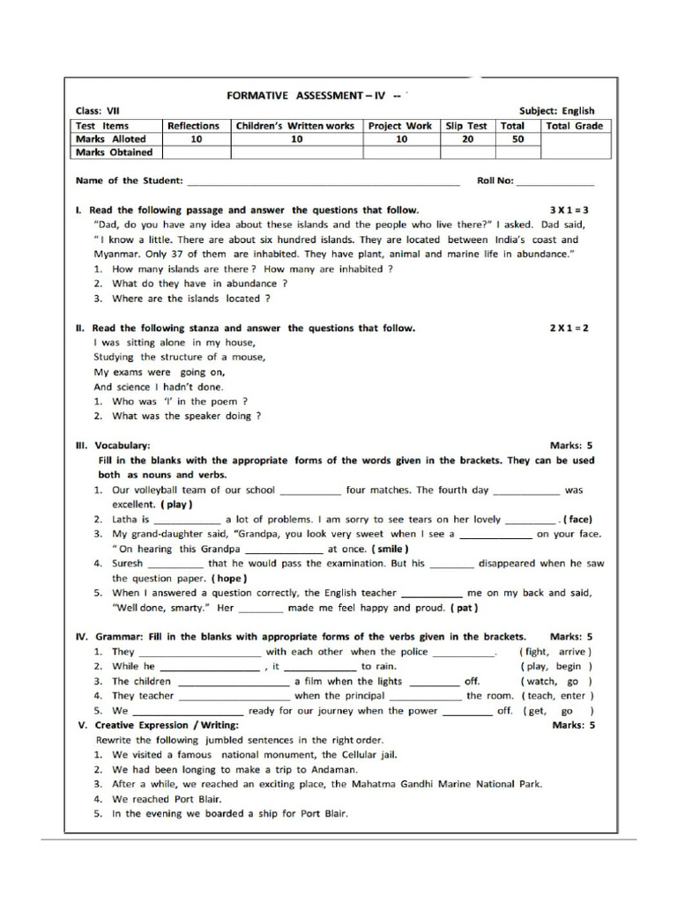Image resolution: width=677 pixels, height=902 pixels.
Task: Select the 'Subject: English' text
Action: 557,111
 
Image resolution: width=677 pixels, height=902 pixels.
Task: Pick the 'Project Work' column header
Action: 400,125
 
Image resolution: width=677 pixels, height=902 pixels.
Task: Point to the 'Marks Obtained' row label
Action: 114,152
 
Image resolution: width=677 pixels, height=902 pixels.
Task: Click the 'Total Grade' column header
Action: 575,125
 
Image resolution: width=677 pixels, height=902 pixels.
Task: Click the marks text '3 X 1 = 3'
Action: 569,211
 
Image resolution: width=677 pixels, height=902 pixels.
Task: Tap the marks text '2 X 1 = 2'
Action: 569,328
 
